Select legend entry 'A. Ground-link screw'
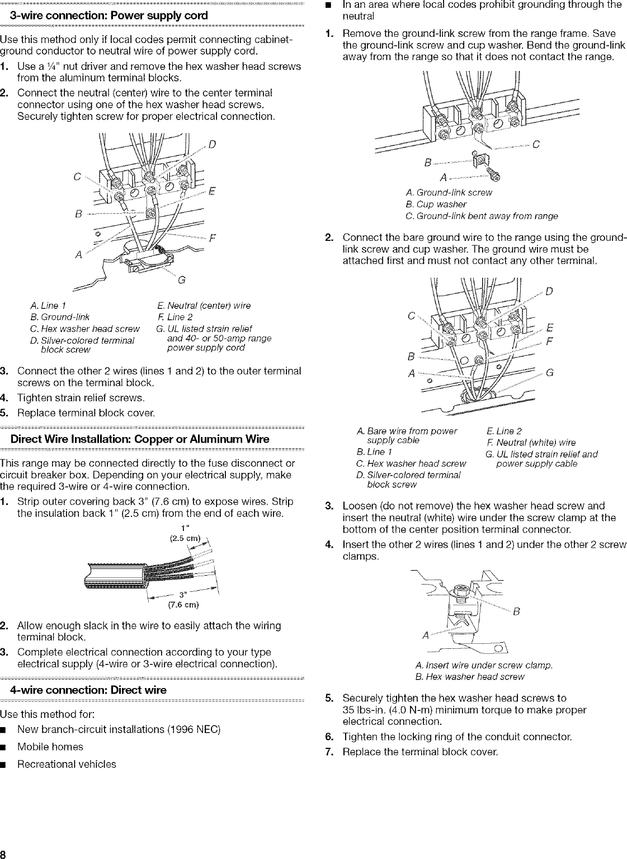tap(449, 193)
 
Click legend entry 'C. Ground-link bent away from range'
tap(481, 216)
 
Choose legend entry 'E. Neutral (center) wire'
tap(204, 306)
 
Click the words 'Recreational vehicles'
tap(67, 764)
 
